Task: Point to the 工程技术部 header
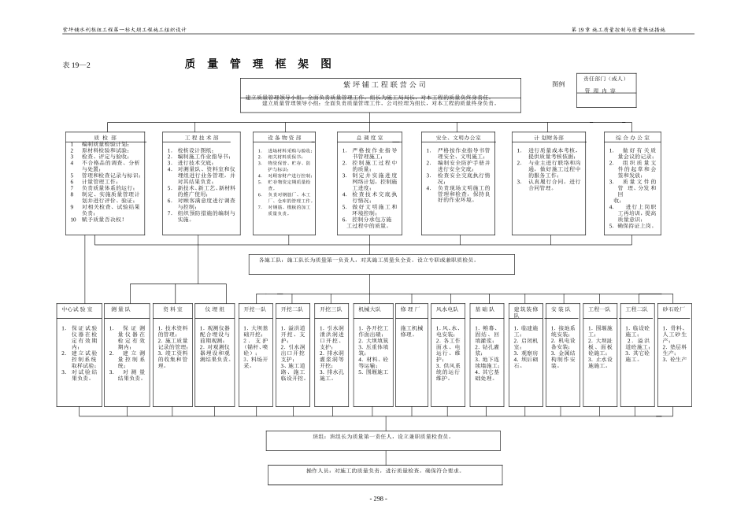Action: pos(198,137)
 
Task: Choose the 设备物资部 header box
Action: pos(291,137)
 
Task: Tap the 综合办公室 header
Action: pos(632,137)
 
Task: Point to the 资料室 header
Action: pos(172,309)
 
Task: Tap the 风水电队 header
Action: pos(449,309)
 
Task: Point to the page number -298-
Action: pos(378,499)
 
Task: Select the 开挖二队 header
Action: pos(291,309)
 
